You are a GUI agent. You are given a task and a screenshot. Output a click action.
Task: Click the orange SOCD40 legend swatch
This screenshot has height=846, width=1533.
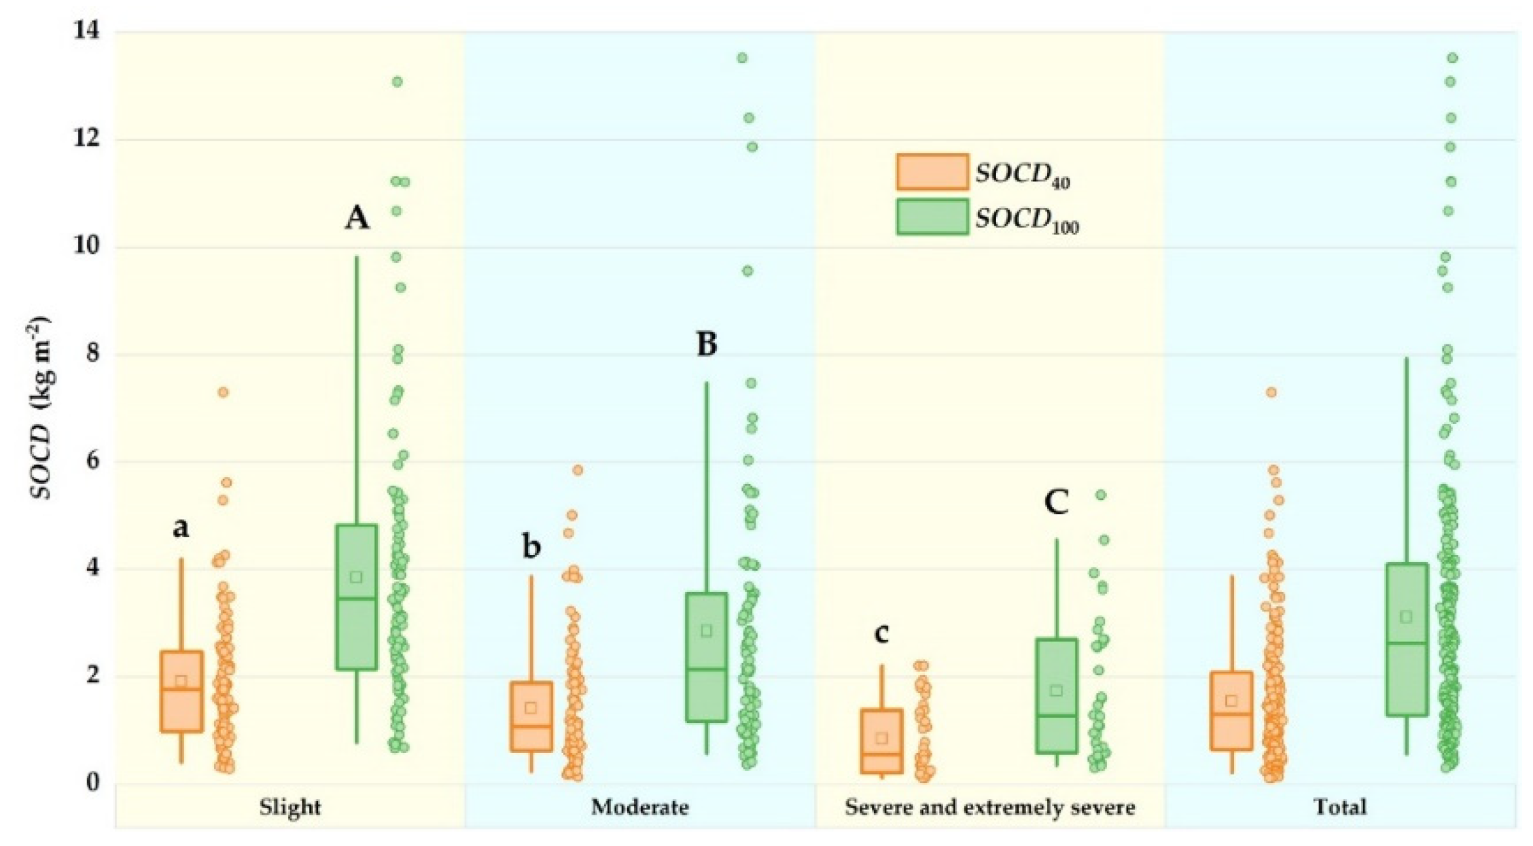pyautogui.click(x=932, y=172)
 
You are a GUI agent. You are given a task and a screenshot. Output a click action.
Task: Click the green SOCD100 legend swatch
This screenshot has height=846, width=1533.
pyautogui.click(x=932, y=217)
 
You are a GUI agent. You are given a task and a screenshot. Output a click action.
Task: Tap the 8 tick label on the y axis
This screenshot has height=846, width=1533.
pyautogui.click(x=91, y=354)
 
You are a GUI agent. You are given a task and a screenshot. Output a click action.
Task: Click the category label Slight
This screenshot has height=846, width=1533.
pyautogui.click(x=290, y=807)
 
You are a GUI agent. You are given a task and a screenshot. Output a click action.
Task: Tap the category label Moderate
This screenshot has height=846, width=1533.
pyautogui.click(x=639, y=807)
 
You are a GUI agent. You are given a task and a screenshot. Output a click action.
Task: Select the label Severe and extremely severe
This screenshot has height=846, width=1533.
pyautogui.click(x=989, y=807)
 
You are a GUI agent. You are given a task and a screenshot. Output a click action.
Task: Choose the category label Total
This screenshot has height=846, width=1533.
pyautogui.click(x=1340, y=807)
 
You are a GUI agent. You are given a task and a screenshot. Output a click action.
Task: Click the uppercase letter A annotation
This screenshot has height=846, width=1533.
pyautogui.click(x=357, y=218)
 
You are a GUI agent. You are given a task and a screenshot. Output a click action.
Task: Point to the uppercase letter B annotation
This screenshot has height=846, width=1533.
pyautogui.click(x=707, y=344)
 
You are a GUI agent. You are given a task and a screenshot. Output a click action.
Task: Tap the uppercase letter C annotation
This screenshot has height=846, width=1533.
pyautogui.click(x=1056, y=502)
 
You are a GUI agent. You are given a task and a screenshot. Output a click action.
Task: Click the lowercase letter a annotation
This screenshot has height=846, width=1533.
pyautogui.click(x=181, y=527)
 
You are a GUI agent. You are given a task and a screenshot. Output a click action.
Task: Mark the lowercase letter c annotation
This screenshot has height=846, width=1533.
pyautogui.click(x=881, y=633)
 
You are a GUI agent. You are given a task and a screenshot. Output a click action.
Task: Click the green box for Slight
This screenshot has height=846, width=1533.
pyautogui.click(x=357, y=597)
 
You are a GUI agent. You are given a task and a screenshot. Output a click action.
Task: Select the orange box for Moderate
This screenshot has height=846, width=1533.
pyautogui.click(x=531, y=716)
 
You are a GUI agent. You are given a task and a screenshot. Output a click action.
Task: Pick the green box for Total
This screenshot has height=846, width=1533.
pyautogui.click(x=1406, y=639)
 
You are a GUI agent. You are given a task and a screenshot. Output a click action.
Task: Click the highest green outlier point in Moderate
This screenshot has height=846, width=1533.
pyautogui.click(x=742, y=58)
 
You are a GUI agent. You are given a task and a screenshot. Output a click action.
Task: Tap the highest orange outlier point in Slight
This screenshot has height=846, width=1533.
pyautogui.click(x=223, y=392)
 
